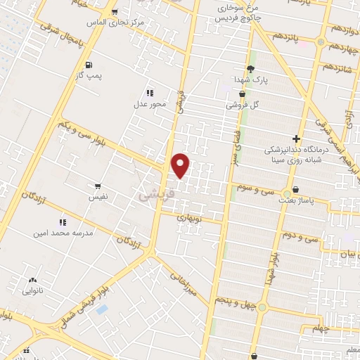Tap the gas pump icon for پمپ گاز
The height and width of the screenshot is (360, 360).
[89, 66]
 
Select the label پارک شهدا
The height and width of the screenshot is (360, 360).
[252, 81]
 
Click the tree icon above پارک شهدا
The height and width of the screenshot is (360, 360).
[250, 68]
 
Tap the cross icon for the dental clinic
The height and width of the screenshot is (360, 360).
[296, 139]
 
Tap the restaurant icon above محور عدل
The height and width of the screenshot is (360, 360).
[150, 92]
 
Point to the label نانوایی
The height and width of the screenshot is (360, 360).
[33, 289]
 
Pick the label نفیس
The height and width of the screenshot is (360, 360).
[98, 198]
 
